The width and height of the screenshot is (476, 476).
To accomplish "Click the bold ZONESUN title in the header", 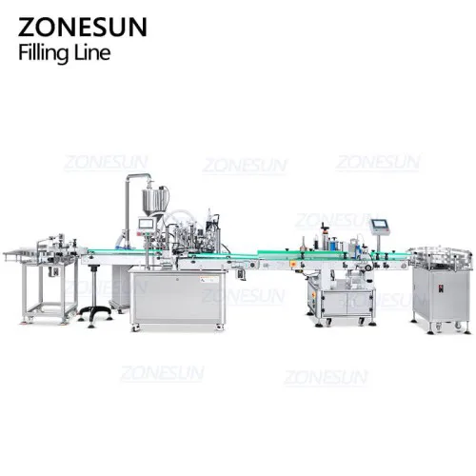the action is click(83, 28).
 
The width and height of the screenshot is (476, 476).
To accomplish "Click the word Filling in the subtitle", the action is click(44, 53).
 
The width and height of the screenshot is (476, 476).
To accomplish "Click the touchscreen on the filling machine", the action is click(147, 224).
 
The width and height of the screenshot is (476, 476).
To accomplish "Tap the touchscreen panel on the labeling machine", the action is click(380, 225).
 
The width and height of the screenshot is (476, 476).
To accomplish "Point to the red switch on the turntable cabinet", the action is click(441, 288).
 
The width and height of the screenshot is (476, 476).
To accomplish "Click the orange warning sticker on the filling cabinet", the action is click(209, 280).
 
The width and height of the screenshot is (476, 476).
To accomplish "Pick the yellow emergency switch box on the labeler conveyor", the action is click(294, 264).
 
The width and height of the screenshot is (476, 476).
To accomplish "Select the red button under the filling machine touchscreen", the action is click(139, 234).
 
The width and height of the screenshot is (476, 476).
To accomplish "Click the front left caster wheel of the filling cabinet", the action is click(135, 327).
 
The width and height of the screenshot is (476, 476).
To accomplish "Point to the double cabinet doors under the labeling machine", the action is click(347, 304).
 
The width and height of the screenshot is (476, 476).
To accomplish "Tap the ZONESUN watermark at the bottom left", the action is click(162, 373).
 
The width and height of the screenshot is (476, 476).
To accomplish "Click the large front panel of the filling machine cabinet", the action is click(178, 297).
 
